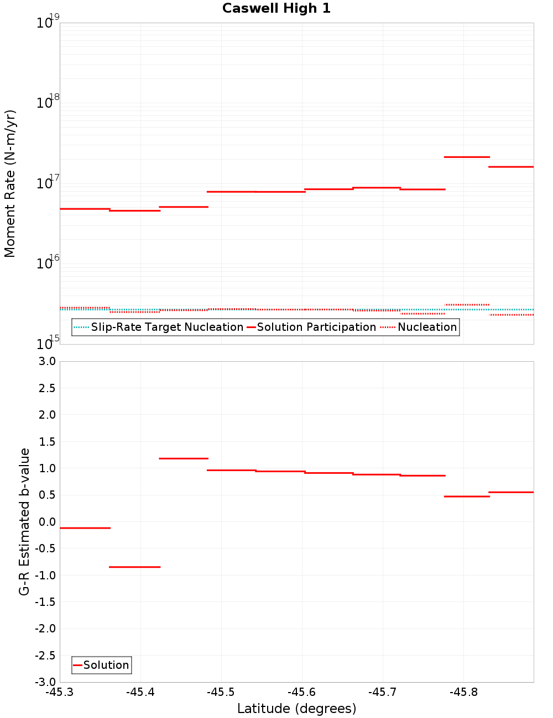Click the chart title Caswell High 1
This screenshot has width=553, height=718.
(276, 8)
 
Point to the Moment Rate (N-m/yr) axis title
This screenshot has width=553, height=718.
(10, 183)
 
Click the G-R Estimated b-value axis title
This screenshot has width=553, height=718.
(24, 521)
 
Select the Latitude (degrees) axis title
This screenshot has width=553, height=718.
(296, 709)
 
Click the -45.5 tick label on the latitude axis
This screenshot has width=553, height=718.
(221, 693)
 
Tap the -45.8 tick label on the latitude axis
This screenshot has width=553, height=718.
(463, 693)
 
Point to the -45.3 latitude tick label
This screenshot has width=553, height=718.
(60, 693)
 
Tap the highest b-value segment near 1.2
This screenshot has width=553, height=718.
(184, 458)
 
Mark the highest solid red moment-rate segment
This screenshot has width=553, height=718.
(467, 157)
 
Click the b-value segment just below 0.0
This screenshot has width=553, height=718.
(85, 528)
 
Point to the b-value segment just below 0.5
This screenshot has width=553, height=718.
(467, 497)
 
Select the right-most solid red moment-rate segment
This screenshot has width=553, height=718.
(511, 167)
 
